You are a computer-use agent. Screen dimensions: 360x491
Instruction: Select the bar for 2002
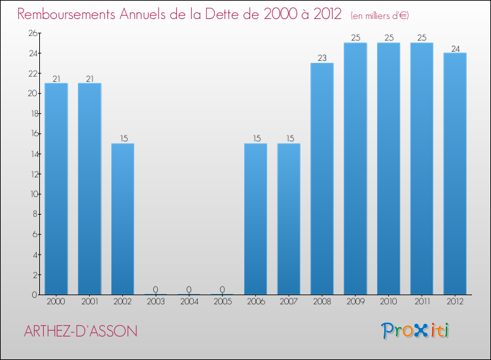[x=122, y=219]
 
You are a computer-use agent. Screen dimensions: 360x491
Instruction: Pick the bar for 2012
[x=455, y=173]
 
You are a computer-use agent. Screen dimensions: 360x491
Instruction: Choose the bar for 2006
[x=255, y=219]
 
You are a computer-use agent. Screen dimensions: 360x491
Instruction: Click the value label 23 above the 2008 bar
[x=322, y=58]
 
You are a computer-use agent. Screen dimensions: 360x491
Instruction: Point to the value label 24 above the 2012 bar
[x=455, y=48]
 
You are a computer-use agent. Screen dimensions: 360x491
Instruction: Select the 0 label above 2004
[x=189, y=289]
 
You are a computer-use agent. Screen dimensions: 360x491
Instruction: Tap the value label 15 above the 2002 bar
[x=122, y=139]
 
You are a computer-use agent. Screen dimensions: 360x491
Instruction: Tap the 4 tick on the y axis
[x=34, y=255]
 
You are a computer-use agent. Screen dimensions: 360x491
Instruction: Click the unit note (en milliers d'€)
[x=380, y=15]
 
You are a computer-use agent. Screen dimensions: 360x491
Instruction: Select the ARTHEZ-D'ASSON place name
[x=81, y=331]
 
